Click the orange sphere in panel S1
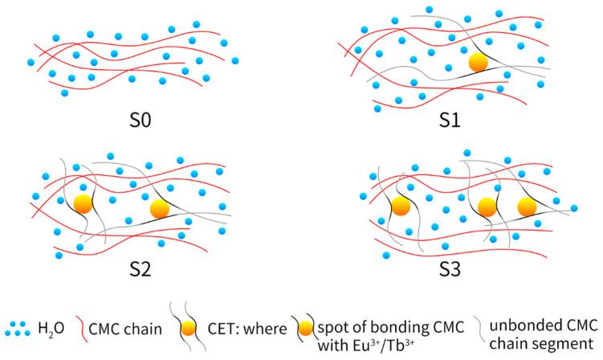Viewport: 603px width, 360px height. pos(479,62)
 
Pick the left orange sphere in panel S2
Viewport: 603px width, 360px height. pos(82,202)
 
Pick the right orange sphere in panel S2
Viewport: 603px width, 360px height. pos(159,209)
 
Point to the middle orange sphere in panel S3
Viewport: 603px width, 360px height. pos(487,207)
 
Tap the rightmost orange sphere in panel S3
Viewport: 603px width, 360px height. pos(527,207)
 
